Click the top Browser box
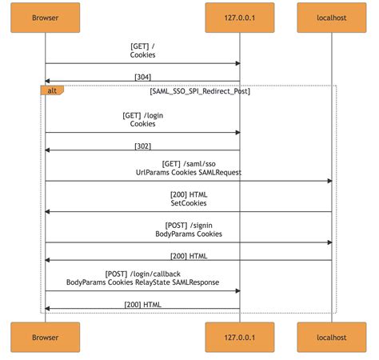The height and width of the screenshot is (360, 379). (45, 18)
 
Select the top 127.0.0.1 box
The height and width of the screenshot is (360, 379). (240, 18)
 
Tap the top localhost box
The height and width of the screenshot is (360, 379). (331, 18)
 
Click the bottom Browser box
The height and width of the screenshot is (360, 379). (45, 337)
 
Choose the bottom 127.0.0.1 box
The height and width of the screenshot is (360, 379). (240, 337)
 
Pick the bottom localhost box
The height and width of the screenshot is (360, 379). (331, 337)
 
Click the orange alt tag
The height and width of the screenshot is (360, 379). (51, 90)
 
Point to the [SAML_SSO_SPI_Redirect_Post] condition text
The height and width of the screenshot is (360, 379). (200, 91)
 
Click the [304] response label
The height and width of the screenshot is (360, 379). (142, 76)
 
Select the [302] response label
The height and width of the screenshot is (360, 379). (142, 146)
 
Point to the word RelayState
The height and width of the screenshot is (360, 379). (150, 282)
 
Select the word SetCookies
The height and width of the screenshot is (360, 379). (188, 203)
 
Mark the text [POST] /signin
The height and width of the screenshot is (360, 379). (188, 225)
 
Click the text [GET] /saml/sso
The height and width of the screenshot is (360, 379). (188, 163)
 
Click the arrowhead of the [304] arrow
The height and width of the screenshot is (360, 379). (47, 81)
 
